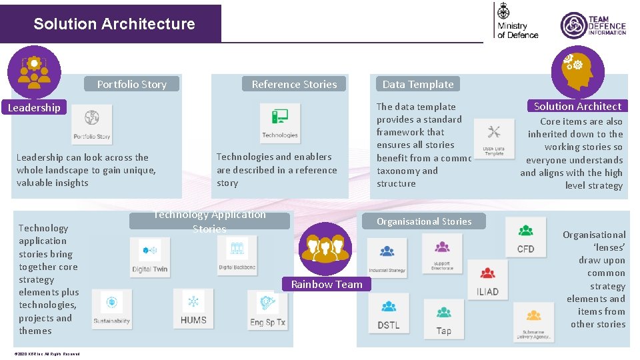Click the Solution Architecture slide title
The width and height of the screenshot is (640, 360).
pyautogui.click(x=114, y=24)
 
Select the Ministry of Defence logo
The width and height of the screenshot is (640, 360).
pyautogui.click(x=517, y=21)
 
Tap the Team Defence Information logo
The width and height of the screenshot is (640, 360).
pyautogui.click(x=593, y=25)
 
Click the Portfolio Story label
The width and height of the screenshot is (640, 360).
pyautogui.click(x=132, y=84)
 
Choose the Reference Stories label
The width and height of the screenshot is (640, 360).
pyautogui.click(x=294, y=84)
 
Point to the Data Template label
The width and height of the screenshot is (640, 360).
pyautogui.click(x=418, y=84)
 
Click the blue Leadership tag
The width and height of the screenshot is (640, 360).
pyautogui.click(x=34, y=107)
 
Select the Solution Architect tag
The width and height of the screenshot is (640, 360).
pyautogui.click(x=577, y=106)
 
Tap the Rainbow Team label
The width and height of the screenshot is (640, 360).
pyautogui.click(x=327, y=284)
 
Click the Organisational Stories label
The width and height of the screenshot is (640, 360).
pyautogui.click(x=424, y=221)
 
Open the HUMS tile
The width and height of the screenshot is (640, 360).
pyautogui.click(x=193, y=308)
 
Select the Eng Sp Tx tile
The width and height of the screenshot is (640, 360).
pyautogui.click(x=267, y=309)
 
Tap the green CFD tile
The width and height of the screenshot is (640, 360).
pyautogui.click(x=525, y=237)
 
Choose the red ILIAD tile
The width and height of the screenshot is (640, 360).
pyautogui.click(x=487, y=280)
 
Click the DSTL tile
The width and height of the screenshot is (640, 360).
pyautogui.click(x=388, y=314)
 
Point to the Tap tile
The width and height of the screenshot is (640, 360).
pyautogui.click(x=443, y=319)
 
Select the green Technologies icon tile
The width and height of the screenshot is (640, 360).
pyautogui.click(x=280, y=123)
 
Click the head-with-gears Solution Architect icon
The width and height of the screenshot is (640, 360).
pyautogui.click(x=577, y=71)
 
